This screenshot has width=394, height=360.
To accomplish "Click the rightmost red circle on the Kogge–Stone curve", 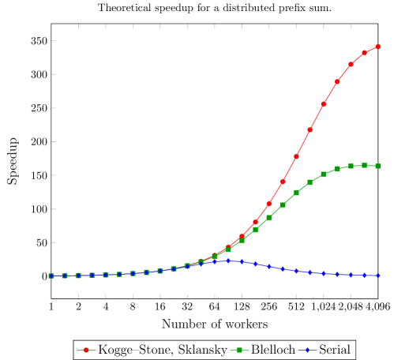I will click(x=377, y=47).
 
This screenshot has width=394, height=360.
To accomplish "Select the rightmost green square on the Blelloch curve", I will click(x=377, y=166).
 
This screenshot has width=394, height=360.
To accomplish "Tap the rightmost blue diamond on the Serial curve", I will click(x=377, y=276).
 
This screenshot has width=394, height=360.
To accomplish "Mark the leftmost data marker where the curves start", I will click(x=51, y=276).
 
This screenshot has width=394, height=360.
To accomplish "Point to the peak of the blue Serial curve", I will click(x=228, y=261).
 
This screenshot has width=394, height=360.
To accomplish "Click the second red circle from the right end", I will click(x=364, y=53).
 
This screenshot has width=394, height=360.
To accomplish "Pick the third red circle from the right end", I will click(x=351, y=64).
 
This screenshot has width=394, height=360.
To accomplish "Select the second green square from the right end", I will click(x=364, y=165).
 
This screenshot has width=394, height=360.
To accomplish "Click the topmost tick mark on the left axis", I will click(x=54, y=40).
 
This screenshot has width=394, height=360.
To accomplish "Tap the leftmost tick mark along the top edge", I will click(x=78, y=27).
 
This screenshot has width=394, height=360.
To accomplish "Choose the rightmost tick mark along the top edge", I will click(x=351, y=27).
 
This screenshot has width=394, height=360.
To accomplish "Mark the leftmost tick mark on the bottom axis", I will click(x=78, y=296).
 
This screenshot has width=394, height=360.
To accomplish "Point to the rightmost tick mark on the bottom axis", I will click(x=351, y=296).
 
